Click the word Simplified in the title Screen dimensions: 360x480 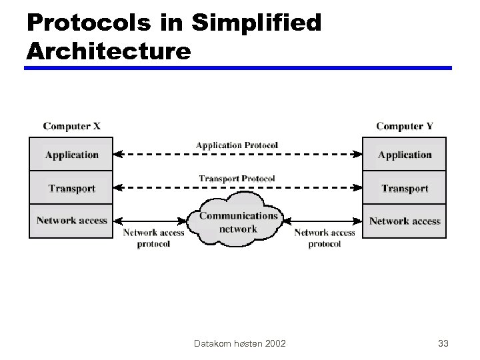click(x=257, y=23)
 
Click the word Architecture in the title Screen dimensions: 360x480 click(x=108, y=50)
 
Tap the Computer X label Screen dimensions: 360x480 click(x=72, y=126)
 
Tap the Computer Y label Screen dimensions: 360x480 click(x=405, y=126)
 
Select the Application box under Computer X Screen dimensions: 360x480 click(x=71, y=155)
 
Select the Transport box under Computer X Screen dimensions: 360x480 click(x=71, y=188)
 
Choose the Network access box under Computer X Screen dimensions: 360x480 click(x=71, y=221)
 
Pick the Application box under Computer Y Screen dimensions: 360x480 click(x=405, y=155)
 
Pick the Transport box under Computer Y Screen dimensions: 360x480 click(x=405, y=188)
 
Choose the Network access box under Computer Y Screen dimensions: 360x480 click(x=405, y=221)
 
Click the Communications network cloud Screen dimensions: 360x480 click(x=238, y=222)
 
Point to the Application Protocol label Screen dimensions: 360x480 click(x=237, y=145)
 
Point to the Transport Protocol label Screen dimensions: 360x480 click(x=237, y=179)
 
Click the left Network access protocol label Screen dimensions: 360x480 click(x=153, y=238)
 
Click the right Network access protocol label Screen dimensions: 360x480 click(x=325, y=238)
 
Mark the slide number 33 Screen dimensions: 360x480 click(x=443, y=344)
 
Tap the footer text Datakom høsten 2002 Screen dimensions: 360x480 click(x=239, y=344)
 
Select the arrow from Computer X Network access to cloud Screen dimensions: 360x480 click(x=150, y=221)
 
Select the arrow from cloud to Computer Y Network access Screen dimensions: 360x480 click(x=323, y=221)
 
